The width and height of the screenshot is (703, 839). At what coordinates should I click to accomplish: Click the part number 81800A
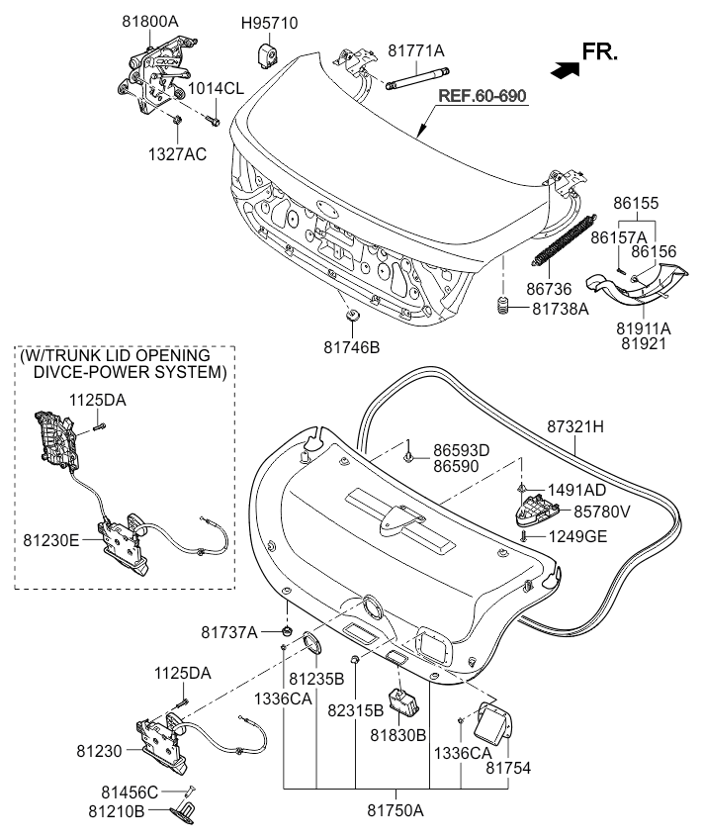point(149,22)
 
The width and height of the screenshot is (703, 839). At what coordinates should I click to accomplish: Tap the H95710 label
point(270,23)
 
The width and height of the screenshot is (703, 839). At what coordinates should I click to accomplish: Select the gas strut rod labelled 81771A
point(417,77)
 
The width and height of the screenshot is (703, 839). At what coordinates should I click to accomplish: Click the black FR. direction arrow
point(566,69)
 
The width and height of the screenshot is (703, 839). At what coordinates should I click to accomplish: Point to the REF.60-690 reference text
point(483,96)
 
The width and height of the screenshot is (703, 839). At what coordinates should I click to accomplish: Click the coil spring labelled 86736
point(564,240)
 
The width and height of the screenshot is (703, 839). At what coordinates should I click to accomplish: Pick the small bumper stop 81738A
point(502,306)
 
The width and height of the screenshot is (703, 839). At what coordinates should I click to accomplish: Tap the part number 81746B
point(351,347)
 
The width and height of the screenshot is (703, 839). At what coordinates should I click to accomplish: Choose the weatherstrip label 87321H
point(575,426)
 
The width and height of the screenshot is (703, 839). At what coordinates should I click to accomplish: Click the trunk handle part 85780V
point(536,510)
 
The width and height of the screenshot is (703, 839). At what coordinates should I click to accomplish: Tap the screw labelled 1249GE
point(525,536)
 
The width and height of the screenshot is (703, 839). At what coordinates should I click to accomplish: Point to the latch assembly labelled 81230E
point(126,543)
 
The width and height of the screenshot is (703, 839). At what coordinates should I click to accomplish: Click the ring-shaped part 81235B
point(311,642)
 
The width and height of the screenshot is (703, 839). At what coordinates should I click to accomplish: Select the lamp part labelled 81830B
point(403,701)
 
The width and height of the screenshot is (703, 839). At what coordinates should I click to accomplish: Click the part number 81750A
point(395,810)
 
